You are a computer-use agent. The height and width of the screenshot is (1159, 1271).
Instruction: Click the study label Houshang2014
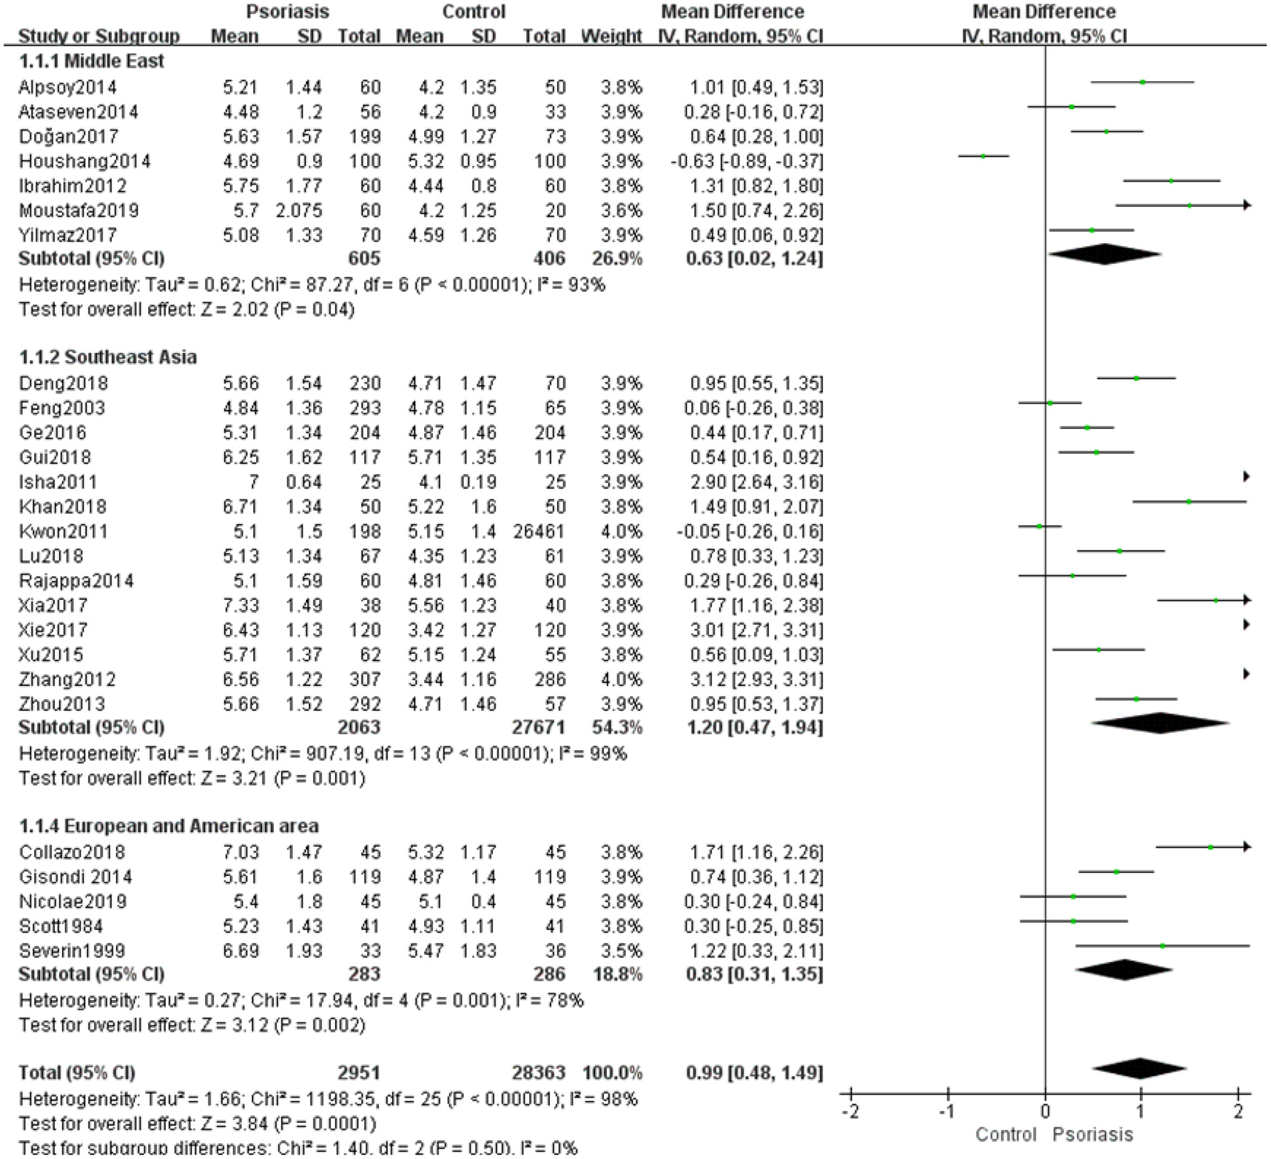[85, 161]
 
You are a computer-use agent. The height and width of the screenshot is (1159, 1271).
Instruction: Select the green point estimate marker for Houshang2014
[983, 156]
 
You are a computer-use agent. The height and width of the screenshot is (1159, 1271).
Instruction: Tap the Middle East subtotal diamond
[1105, 254]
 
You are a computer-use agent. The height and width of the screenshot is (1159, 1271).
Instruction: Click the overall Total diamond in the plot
[1139, 1068]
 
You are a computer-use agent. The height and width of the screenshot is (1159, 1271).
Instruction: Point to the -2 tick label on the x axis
[850, 1112]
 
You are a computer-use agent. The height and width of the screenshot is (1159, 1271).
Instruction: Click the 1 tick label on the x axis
[1141, 1112]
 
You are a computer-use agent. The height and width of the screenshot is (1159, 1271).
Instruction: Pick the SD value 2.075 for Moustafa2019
[299, 211]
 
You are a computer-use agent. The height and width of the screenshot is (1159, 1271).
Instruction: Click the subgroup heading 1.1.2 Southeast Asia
[108, 357]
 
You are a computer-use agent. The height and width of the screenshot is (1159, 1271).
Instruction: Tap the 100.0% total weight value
[611, 1073]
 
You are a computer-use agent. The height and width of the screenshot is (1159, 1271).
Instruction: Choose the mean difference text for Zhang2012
[753, 680]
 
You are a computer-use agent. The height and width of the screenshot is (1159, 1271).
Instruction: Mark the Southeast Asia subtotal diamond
[1160, 723]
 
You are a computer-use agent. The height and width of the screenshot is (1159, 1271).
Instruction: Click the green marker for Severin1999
[1163, 946]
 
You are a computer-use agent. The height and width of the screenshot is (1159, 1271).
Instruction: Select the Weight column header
[611, 36]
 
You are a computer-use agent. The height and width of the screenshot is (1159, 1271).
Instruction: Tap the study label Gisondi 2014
[75, 877]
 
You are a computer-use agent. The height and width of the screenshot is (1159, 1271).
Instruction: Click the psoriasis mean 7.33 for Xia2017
[241, 606]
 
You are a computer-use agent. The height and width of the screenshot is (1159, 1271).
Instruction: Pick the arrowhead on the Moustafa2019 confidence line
[1247, 205]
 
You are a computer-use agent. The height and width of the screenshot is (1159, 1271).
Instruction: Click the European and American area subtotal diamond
[1124, 970]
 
